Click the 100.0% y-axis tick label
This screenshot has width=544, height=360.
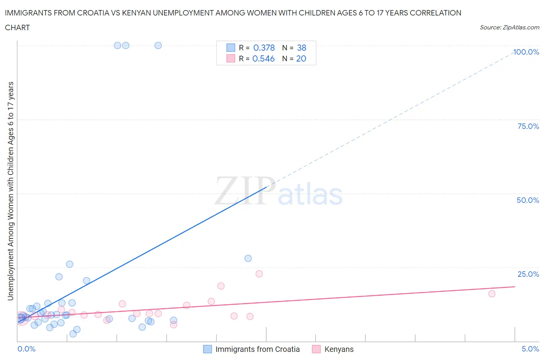point(526,52)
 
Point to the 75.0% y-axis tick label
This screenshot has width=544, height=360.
point(528,126)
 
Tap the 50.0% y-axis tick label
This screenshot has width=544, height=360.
point(528,200)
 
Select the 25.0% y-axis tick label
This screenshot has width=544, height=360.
point(528,274)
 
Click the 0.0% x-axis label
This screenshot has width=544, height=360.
point(26,349)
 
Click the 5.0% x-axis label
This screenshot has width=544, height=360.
point(530,349)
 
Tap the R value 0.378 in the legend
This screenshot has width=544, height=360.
point(264,48)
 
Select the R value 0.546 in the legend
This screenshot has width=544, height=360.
point(263,58)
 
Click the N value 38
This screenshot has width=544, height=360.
point(301,48)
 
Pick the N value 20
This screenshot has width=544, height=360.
point(301,58)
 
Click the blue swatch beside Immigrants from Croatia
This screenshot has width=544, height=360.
point(207,349)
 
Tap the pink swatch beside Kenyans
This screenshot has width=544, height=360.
point(316,349)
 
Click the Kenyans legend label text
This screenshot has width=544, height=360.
point(339,349)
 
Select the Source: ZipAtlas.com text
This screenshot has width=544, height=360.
point(509,27)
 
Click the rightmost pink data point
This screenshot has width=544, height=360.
point(492,293)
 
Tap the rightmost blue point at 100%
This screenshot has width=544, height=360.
point(158,45)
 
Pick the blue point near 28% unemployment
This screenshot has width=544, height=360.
point(248,258)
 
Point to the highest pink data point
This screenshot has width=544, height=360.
point(259,274)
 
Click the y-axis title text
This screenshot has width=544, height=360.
point(10,191)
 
